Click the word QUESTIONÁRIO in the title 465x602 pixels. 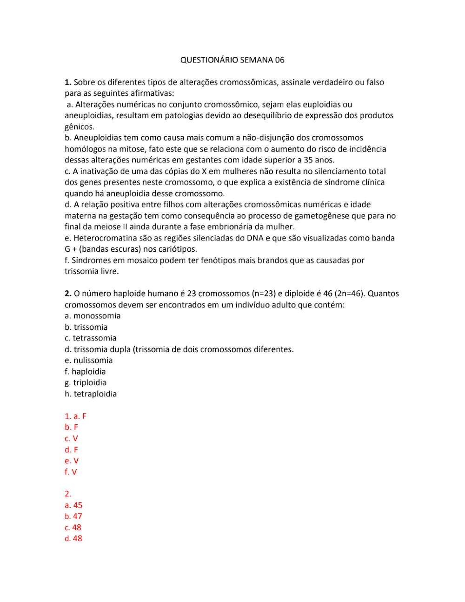point(209,60)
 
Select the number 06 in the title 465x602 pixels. point(279,60)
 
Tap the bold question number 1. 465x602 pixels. point(68,82)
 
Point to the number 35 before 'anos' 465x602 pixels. point(308,160)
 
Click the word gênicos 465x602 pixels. point(79,127)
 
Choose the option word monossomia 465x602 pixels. point(97,316)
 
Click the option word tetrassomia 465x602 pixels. point(94,338)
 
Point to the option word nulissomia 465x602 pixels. point(93,361)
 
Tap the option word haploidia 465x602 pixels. point(88,372)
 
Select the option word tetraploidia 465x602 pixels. point(95,394)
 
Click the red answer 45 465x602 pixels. point(78,505)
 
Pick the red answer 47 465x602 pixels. point(78,516)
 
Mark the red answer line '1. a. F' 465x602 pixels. point(75,416)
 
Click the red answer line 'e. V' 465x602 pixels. point(72,461)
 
